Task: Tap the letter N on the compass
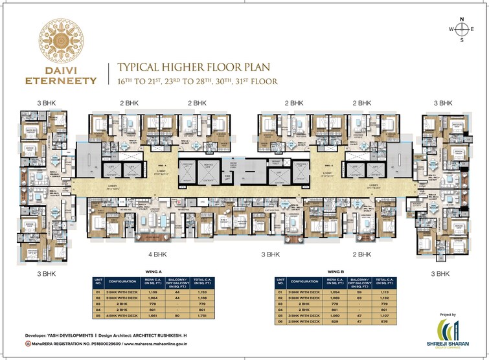462,19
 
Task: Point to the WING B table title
335,272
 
